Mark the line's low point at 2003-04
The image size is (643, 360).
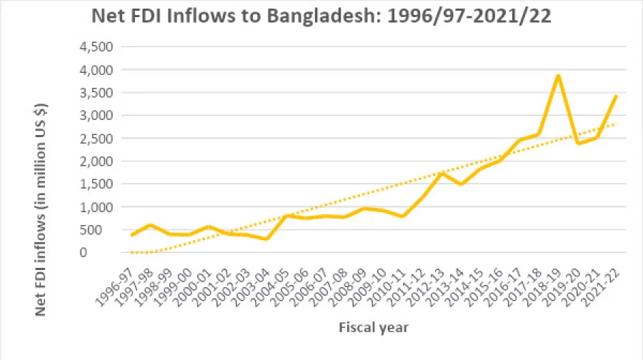(x=266, y=239)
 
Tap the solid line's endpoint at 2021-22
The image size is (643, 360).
(x=617, y=96)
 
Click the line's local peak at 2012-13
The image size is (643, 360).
(x=442, y=173)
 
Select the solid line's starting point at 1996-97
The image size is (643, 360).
(x=131, y=235)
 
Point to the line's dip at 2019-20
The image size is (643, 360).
(x=578, y=143)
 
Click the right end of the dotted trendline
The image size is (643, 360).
(x=617, y=124)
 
